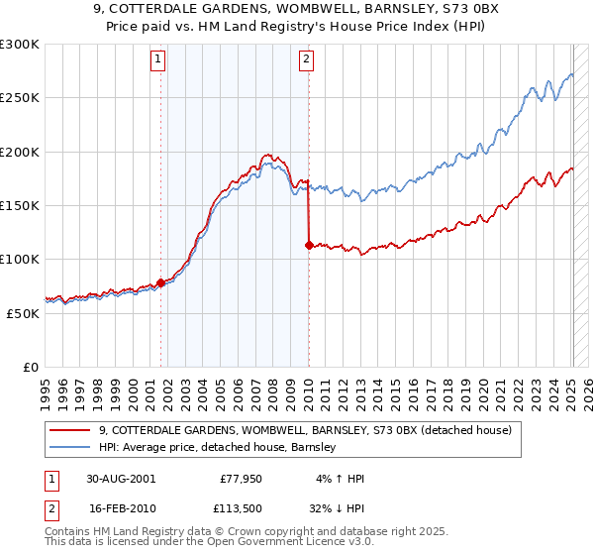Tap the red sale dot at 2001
click(161, 282)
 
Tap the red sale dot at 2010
click(309, 245)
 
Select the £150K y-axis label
click(20, 205)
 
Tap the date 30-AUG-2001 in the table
click(120, 479)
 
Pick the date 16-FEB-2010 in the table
click(120, 508)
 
